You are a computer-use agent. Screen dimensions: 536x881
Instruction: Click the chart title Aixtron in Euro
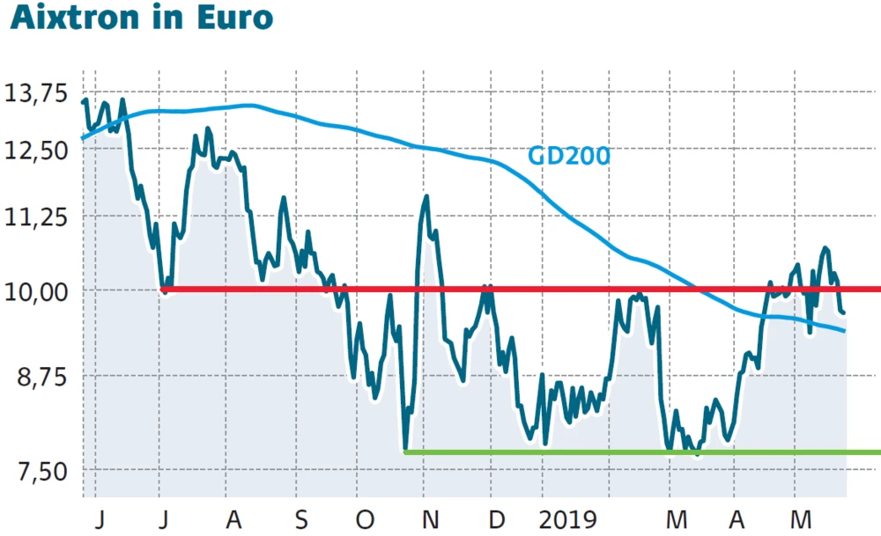click(x=141, y=18)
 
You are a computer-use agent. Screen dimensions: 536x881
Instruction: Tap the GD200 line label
click(x=568, y=157)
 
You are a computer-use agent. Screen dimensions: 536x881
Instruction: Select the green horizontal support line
click(x=643, y=452)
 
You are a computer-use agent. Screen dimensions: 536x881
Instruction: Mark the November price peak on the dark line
click(x=426, y=196)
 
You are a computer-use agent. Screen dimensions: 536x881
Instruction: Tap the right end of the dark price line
click(x=844, y=312)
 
